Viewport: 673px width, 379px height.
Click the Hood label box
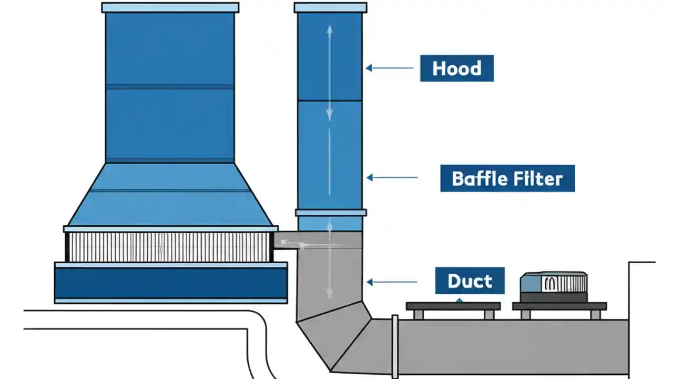click(x=456, y=68)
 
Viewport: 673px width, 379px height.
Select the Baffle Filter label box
click(x=507, y=178)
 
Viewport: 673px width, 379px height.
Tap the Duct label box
click(x=470, y=281)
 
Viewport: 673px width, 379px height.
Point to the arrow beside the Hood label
click(x=390, y=68)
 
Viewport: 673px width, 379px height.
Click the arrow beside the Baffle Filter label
click(x=392, y=178)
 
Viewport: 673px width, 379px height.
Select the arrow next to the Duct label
click(x=392, y=282)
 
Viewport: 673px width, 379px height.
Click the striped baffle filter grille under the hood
click(x=170, y=247)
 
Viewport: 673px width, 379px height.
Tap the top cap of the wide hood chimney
click(x=170, y=7)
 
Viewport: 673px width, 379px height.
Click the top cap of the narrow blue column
click(x=330, y=7)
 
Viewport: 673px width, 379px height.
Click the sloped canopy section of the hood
click(x=170, y=195)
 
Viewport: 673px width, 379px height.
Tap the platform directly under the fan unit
click(x=559, y=306)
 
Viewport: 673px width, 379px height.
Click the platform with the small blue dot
click(x=453, y=306)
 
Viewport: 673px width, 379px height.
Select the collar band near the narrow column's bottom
click(x=330, y=213)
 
